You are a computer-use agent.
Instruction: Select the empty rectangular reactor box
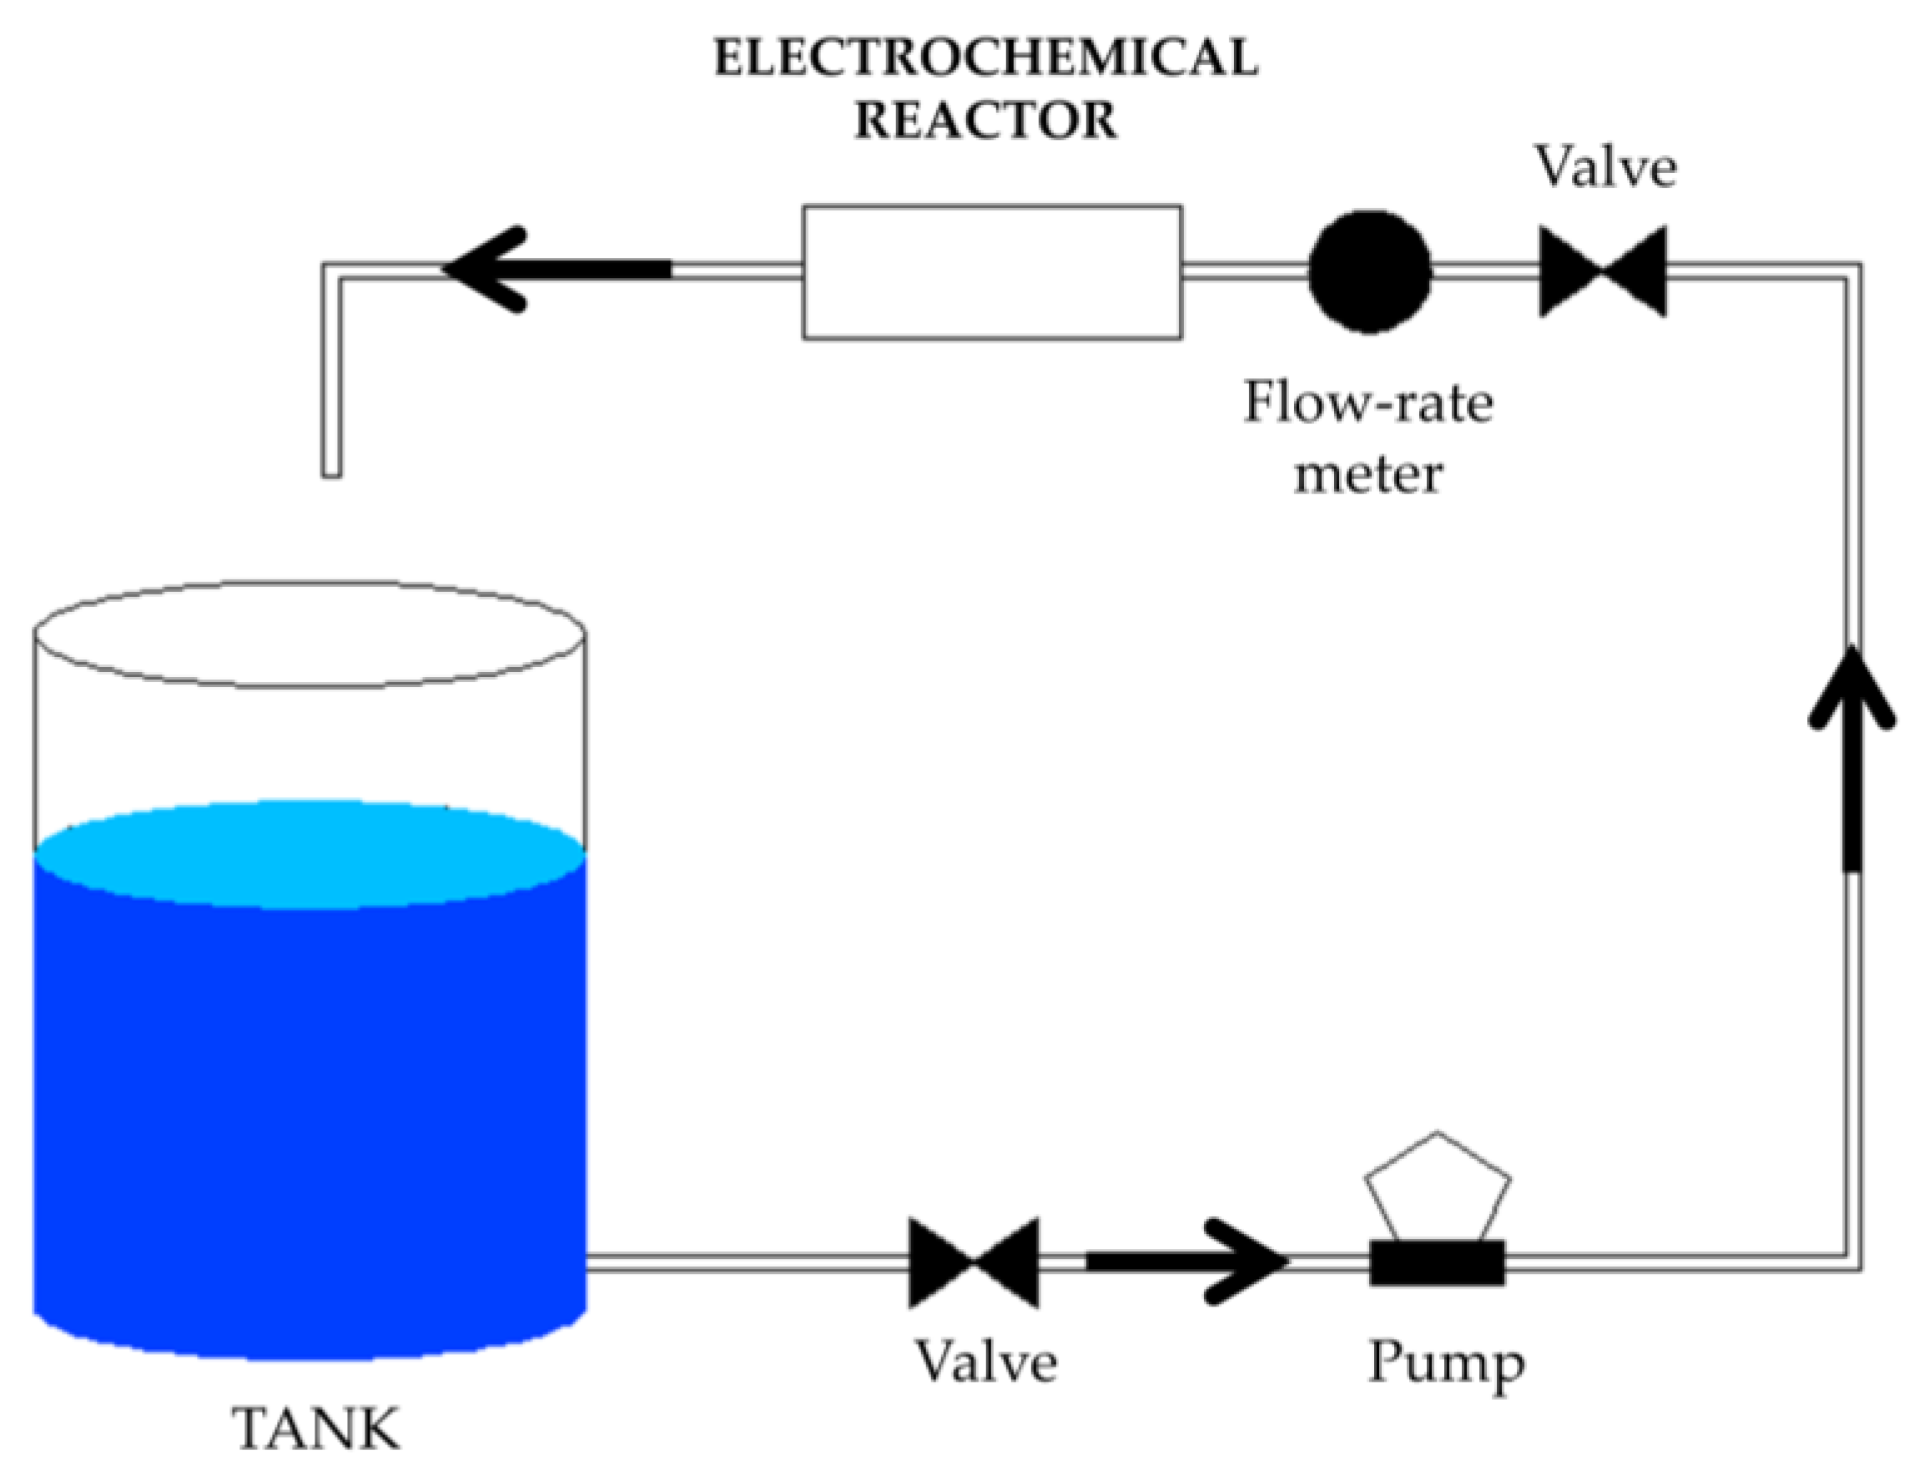tap(991, 272)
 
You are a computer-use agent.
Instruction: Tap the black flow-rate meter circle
tap(1370, 271)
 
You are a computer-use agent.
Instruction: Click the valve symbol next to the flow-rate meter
tap(1603, 271)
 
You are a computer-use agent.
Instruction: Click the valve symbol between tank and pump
tap(974, 1263)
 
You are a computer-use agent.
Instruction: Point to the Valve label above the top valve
tap(1605, 167)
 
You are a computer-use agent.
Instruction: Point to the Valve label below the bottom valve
tap(986, 1362)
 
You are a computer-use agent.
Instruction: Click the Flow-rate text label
tap(1368, 403)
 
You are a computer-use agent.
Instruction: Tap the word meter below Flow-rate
tap(1368, 475)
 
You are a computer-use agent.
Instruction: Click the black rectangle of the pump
tap(1438, 1263)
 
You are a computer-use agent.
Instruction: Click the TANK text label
tap(315, 1430)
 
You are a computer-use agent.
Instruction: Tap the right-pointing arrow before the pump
tap(1186, 1261)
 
